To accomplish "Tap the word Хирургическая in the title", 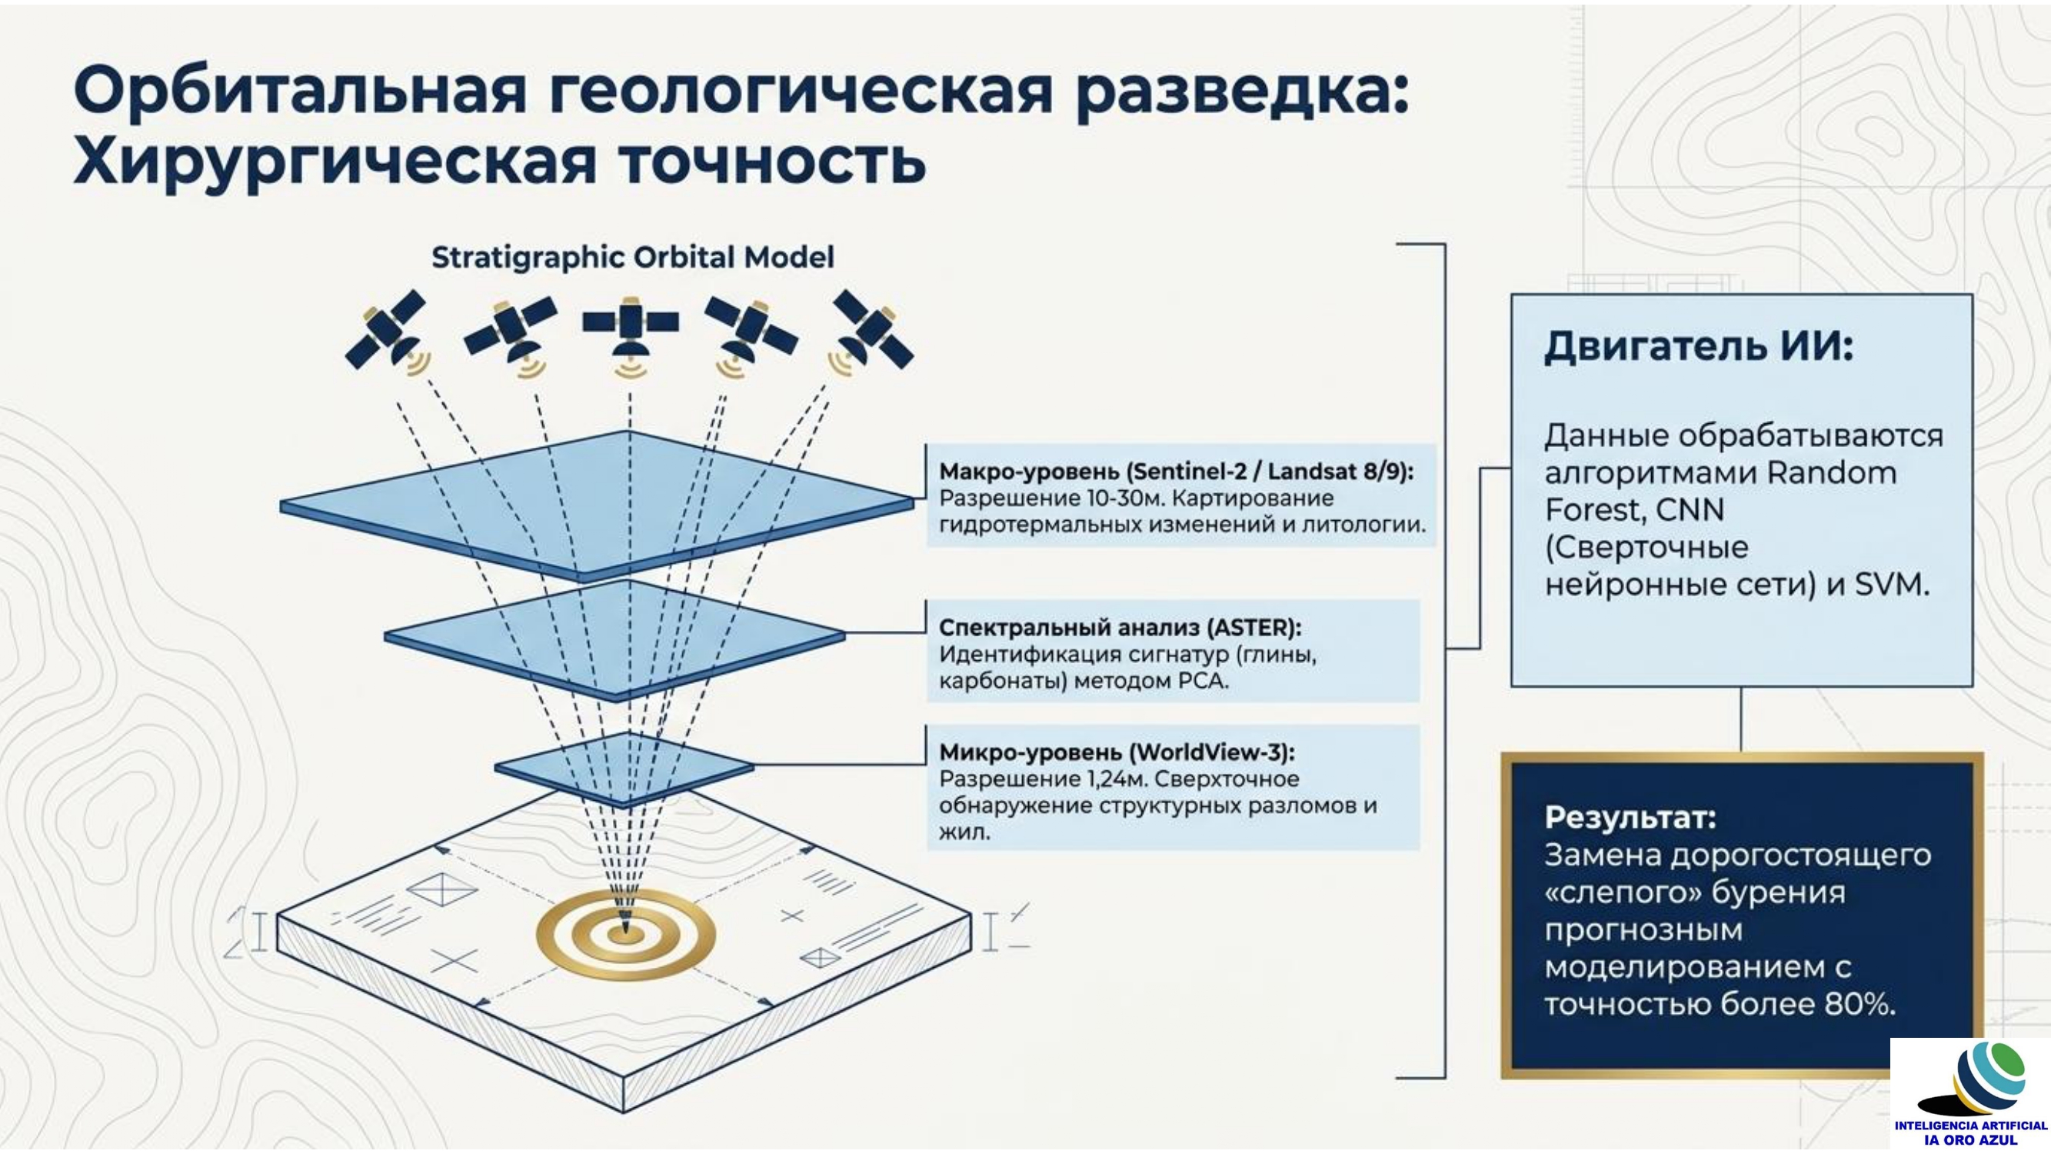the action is pos(335,162).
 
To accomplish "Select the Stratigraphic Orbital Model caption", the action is pos(632,257).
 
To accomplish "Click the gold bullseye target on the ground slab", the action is pos(626,934).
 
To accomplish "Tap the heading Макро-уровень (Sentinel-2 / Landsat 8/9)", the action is pos(1176,472).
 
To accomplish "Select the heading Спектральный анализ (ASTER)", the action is pos(1120,628).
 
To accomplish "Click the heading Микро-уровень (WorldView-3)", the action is pos(1117,752).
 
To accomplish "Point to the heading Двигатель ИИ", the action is pos(1698,345).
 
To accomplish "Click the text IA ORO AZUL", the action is pos(1970,1139).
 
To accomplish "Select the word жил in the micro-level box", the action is pos(964,832).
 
